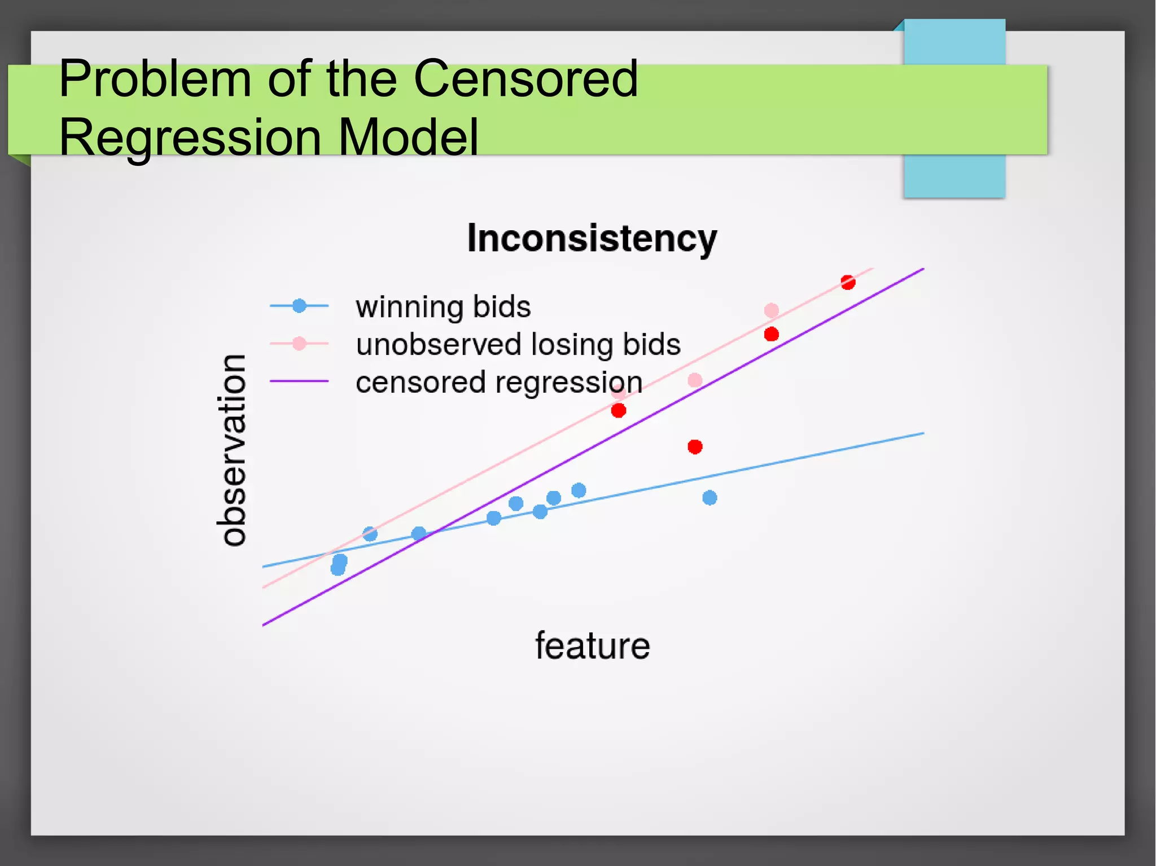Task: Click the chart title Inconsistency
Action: point(592,239)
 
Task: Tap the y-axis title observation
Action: point(232,450)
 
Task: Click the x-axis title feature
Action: point(592,646)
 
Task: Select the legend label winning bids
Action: point(443,307)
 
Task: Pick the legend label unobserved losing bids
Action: point(518,344)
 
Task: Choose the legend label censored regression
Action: point(498,382)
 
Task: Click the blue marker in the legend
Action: point(299,306)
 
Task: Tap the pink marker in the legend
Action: point(299,344)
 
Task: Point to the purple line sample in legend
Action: point(299,381)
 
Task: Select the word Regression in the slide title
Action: point(190,137)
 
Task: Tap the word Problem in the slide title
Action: point(155,79)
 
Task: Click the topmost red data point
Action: point(848,282)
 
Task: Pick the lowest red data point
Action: point(695,447)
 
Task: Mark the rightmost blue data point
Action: point(710,498)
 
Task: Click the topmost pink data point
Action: point(771,310)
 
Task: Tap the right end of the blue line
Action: point(922,433)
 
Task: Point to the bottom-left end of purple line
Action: point(264,625)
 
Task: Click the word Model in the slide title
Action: point(408,137)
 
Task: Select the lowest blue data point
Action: point(338,568)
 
